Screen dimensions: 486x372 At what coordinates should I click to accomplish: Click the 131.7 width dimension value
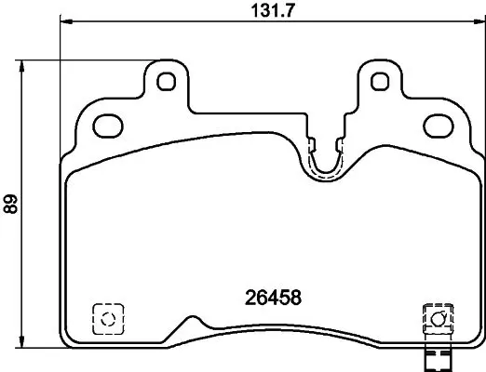pyautogui.click(x=272, y=11)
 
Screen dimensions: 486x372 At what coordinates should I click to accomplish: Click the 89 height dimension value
pyautogui.click(x=10, y=204)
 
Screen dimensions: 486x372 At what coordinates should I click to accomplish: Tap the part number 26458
pyautogui.click(x=273, y=298)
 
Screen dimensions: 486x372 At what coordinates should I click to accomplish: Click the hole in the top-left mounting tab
pyautogui.click(x=167, y=82)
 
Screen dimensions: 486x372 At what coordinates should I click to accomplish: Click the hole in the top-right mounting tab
pyautogui.click(x=380, y=82)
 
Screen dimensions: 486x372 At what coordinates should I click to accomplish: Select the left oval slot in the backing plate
pyautogui.click(x=108, y=126)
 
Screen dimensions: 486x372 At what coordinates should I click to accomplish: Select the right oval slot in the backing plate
pyautogui.click(x=439, y=126)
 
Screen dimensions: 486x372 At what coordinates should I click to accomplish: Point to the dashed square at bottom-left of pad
pyautogui.click(x=108, y=319)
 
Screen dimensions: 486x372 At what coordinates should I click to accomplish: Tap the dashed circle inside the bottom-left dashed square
pyautogui.click(x=108, y=319)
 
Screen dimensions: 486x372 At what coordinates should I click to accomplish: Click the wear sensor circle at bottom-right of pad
pyautogui.click(x=438, y=319)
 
